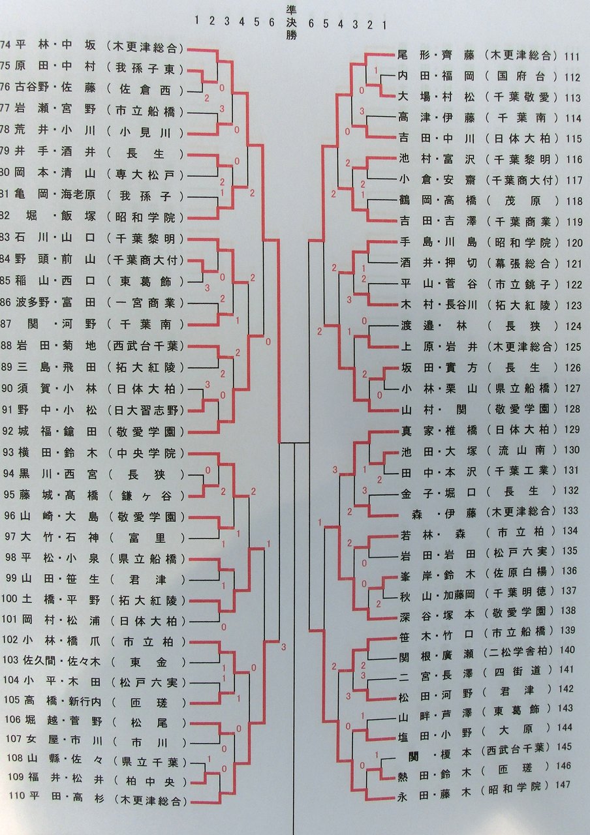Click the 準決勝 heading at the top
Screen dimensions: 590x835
(291, 23)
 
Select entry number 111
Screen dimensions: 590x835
(572, 57)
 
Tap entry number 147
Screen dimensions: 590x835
(563, 785)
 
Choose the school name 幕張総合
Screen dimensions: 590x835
(521, 263)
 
